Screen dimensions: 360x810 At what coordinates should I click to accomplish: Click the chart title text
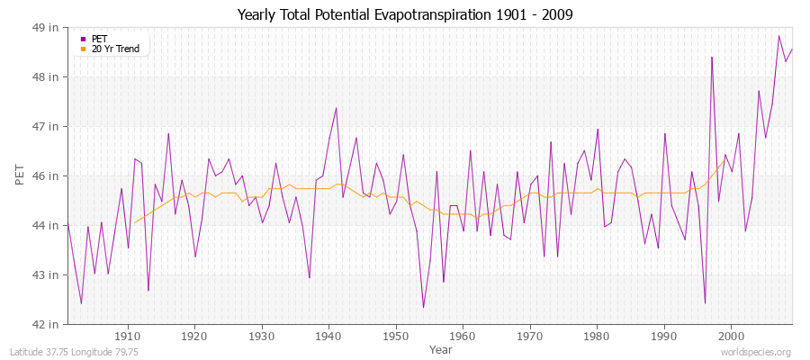coord(404,14)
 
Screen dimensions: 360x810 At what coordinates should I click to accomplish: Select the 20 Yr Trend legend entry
coord(115,49)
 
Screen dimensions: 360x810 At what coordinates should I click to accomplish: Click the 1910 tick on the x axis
coord(128,336)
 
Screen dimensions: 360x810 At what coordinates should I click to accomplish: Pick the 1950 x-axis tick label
coord(395,336)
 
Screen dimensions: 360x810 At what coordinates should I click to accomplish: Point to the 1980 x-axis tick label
coord(597,336)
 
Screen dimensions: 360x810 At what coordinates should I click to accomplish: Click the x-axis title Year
coord(441,348)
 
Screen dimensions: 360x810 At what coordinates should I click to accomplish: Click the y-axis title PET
coord(21,175)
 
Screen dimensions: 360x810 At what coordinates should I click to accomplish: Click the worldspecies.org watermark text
coord(756,352)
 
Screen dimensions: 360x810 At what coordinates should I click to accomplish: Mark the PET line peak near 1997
coord(712,58)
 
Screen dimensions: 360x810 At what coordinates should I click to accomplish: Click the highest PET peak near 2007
coord(778,36)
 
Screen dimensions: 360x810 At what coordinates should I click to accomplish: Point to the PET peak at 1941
coord(336,108)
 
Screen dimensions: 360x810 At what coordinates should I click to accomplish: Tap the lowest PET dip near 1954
coord(423,308)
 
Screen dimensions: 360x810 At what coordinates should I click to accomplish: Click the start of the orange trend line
coord(134,222)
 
